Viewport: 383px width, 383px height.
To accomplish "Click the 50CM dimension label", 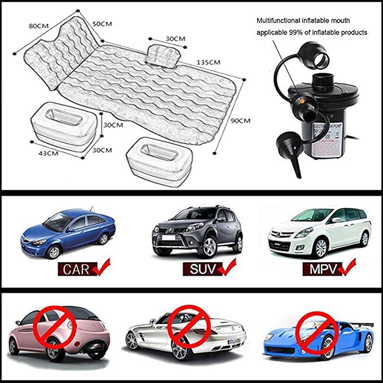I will [x=102, y=24].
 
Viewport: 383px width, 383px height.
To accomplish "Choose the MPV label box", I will [x=322, y=269].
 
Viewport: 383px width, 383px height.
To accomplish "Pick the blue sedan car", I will [x=68, y=231].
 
